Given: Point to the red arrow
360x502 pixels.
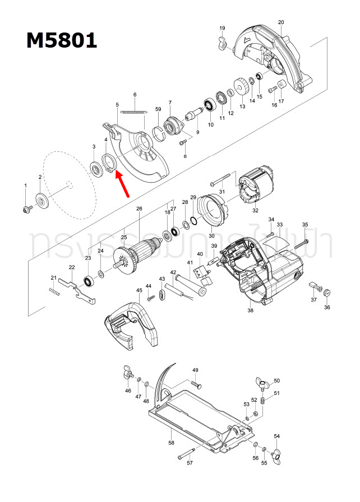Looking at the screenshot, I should [x=124, y=184].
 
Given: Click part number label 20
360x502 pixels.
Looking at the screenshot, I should [x=281, y=22].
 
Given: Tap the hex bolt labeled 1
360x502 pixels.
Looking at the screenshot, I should [x=26, y=208].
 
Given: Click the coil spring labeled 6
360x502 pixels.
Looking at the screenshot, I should [x=133, y=111].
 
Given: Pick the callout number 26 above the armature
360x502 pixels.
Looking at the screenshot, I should [x=139, y=209].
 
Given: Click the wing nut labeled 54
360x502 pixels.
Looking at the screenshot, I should [x=275, y=455].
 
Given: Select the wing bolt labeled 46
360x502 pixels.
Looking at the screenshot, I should [x=126, y=372].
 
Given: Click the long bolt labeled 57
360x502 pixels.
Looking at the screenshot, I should [x=186, y=454].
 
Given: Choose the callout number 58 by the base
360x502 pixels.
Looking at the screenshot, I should [x=172, y=443].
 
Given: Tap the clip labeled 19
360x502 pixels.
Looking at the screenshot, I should [x=221, y=42].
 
